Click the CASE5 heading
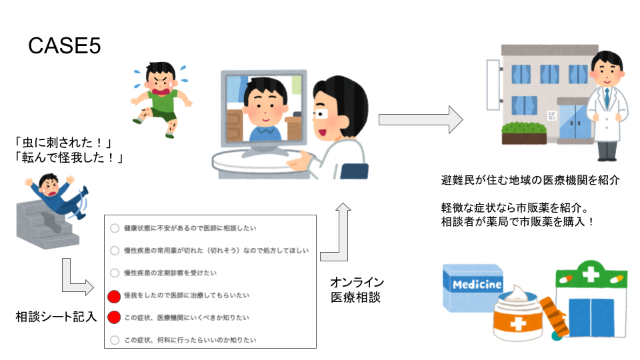tap(65, 46)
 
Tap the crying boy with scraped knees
tap(161, 99)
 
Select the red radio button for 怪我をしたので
tap(114, 296)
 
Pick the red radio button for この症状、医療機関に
tap(114, 317)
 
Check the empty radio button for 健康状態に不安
tap(115, 228)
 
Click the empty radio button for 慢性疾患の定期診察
tap(115, 273)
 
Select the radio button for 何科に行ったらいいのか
tap(115, 340)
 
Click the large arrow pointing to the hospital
tap(421, 119)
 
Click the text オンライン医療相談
tap(357, 290)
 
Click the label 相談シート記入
tap(56, 317)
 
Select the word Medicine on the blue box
tap(477, 284)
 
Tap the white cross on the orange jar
tap(518, 325)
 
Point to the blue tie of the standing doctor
tap(607, 99)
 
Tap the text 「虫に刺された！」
tap(63, 143)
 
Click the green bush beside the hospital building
tap(524, 128)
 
